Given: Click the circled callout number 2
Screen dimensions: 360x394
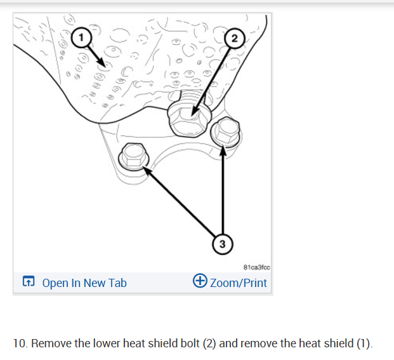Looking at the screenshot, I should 235,39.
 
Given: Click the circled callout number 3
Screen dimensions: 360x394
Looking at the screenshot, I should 221,243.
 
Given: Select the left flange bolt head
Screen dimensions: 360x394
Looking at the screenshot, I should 133,154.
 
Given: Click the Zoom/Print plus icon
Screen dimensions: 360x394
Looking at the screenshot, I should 199,282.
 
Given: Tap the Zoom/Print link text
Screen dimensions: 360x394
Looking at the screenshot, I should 238,283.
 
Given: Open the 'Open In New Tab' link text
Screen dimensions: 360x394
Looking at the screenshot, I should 84,283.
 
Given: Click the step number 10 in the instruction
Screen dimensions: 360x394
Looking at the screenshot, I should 20,343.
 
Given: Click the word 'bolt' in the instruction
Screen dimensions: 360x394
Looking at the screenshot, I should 188,343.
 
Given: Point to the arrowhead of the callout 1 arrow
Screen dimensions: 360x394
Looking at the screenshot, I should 103,64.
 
